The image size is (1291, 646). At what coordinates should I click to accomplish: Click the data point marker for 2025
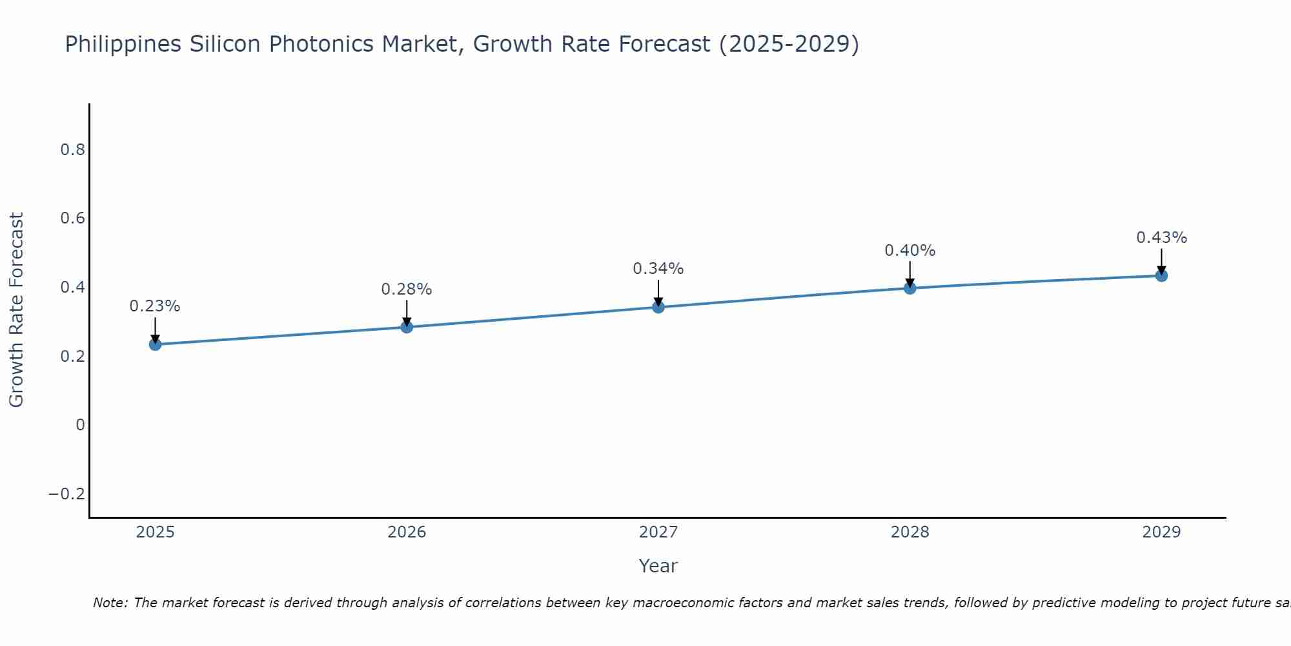[x=155, y=344]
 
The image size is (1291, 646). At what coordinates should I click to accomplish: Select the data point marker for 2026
[x=407, y=327]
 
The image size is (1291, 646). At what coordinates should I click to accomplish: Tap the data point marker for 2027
[x=658, y=307]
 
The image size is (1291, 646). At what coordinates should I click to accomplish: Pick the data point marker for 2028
[x=910, y=288]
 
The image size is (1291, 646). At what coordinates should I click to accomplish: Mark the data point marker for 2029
[x=1161, y=276]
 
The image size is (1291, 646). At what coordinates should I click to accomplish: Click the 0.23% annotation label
[x=155, y=306]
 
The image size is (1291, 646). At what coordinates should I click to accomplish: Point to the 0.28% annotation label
[x=407, y=289]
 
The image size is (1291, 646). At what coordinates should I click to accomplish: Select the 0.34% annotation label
[x=658, y=269]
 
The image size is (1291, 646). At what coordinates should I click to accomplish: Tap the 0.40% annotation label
[x=910, y=251]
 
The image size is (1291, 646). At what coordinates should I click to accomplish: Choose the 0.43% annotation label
[x=1161, y=238]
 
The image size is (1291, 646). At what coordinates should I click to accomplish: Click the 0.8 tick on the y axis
[x=72, y=150]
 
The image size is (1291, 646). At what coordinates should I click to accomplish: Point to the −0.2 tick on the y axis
[x=67, y=494]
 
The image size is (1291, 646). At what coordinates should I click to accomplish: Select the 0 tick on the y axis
[x=80, y=425]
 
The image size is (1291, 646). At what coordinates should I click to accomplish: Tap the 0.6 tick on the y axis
[x=72, y=218]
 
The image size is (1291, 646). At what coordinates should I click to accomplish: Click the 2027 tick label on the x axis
[x=658, y=532]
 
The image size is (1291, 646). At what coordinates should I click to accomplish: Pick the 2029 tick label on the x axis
[x=1161, y=532]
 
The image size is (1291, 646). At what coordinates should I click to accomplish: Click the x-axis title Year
[x=658, y=566]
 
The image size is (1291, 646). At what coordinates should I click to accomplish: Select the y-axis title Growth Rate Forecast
[x=16, y=310]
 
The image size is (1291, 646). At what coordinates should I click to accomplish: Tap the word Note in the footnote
[x=110, y=603]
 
